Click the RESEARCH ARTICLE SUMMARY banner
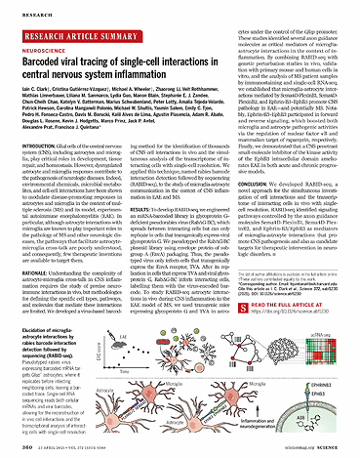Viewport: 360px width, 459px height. coord(74,29)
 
